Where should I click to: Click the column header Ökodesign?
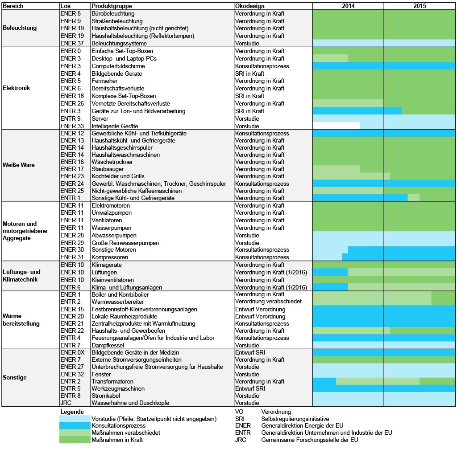click(249, 6)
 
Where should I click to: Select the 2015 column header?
click(419, 6)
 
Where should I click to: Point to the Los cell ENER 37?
click(71, 43)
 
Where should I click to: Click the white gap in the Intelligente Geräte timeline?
click(336, 126)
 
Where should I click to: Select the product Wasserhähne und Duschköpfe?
click(130, 403)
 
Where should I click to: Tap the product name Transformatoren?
click(112, 381)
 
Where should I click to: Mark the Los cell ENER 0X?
click(72, 352)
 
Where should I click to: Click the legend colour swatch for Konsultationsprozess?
click(75, 426)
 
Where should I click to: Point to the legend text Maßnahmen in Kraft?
click(117, 440)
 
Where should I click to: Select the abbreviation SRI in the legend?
click(240, 419)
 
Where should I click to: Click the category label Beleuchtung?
click(20, 28)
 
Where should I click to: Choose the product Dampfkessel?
click(106, 345)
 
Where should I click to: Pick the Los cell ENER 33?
click(72, 126)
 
